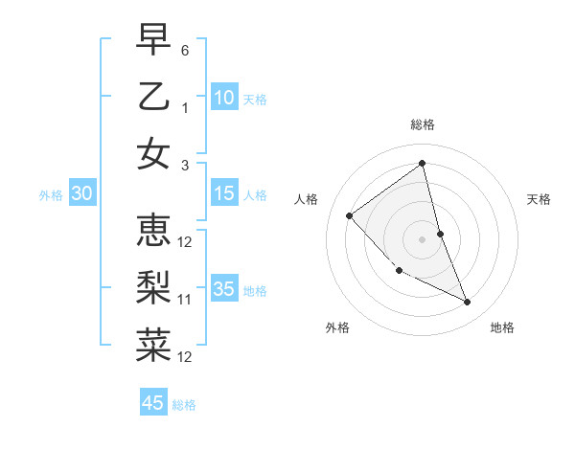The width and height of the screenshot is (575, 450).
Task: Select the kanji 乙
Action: (153, 96)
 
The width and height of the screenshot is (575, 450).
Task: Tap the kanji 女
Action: (153, 153)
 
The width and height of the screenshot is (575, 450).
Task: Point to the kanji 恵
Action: (153, 230)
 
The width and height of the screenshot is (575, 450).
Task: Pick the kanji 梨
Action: (153, 287)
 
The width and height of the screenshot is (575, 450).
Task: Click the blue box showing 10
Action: (224, 98)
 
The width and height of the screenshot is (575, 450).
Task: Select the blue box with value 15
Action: (224, 193)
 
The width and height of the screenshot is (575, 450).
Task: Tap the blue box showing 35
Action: (224, 289)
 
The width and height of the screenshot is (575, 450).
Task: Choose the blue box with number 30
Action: (81, 193)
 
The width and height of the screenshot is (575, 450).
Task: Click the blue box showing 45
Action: (153, 403)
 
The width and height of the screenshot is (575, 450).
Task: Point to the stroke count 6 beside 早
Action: (185, 49)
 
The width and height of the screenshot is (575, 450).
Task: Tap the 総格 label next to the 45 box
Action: (184, 405)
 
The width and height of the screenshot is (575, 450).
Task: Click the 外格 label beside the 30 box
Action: (51, 195)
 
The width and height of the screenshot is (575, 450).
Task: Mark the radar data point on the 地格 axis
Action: (468, 303)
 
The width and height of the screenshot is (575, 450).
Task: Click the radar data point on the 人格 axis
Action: (350, 215)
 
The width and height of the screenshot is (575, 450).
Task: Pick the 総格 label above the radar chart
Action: (422, 124)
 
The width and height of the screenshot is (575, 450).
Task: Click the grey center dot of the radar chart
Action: (422, 238)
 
